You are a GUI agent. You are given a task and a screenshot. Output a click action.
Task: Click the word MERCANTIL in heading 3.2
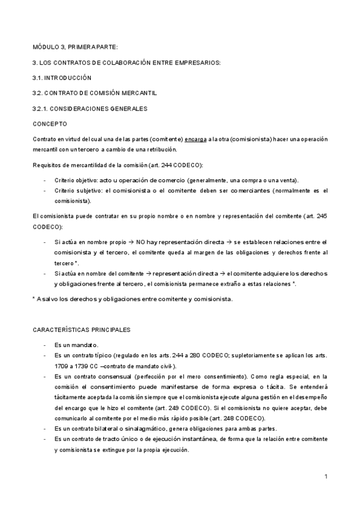tap(141, 93)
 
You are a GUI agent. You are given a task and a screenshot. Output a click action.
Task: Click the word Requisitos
tap(47, 165)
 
